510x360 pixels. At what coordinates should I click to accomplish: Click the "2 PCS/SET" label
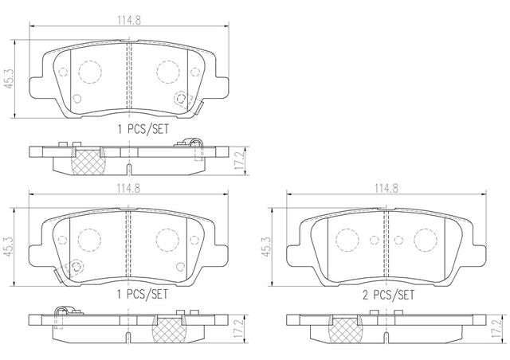388,295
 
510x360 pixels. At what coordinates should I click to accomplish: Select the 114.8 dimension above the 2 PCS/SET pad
386,188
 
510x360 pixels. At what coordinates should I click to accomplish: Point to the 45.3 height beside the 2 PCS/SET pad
266,247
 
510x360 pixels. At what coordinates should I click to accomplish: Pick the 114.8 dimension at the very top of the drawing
129,21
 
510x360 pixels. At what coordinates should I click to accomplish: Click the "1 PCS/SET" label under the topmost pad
143,130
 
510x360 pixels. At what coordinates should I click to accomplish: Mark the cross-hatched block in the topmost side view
88,162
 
